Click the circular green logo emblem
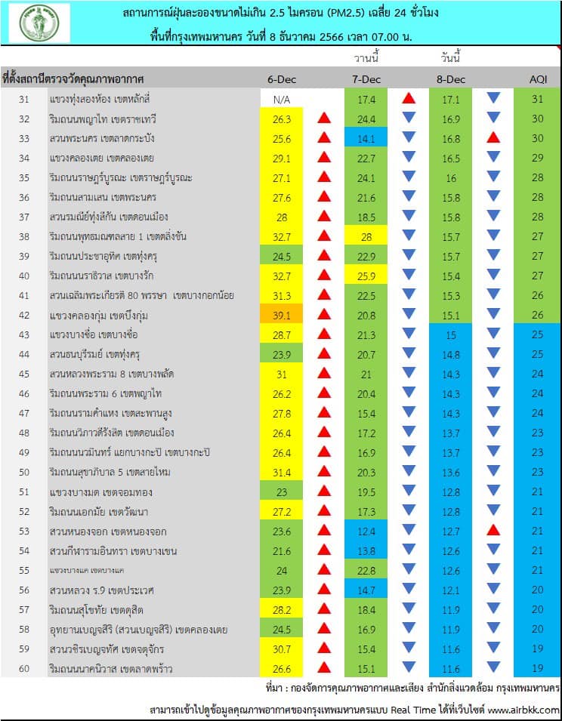pos(39,23)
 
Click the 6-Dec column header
pos(282,79)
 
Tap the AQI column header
pos(538,79)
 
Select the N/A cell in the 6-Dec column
pos(282,100)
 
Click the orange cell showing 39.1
pos(282,316)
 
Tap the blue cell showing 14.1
pos(366,139)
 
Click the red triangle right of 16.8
pos(493,137)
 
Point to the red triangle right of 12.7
pos(493,530)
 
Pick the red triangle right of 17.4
pos(409,98)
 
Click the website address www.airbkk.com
pos(523,710)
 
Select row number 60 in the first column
pos(24,669)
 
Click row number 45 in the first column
pos(24,374)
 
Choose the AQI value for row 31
pos(538,99)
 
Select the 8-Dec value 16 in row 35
pos(451,178)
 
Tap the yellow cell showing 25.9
pos(366,276)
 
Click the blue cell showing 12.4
pos(366,532)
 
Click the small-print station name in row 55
pos(87,571)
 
